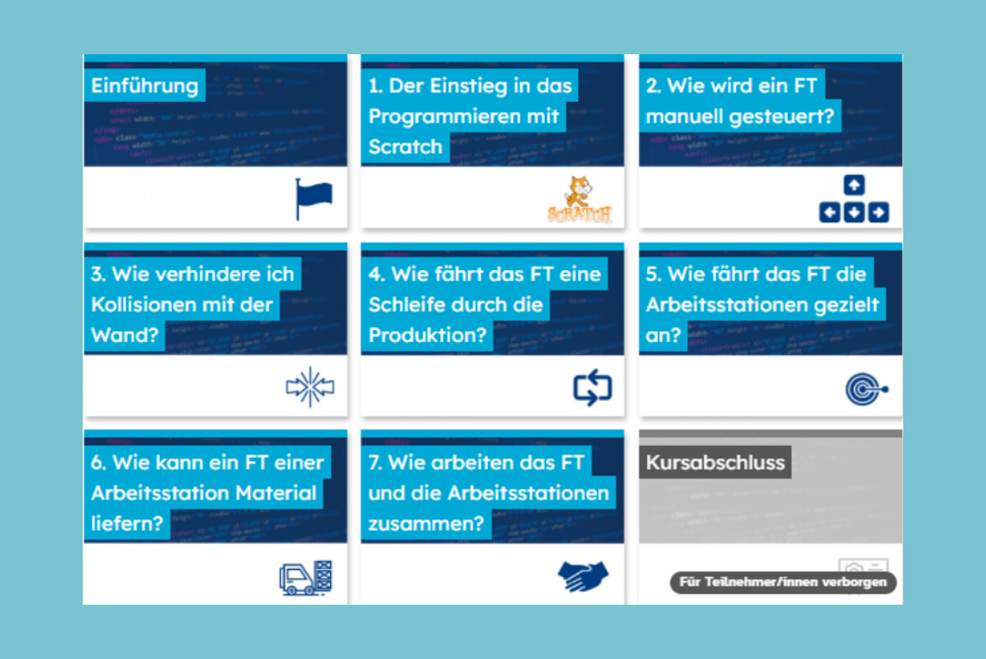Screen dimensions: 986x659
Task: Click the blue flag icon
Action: click(313, 199)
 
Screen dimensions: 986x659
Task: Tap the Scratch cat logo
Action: click(579, 199)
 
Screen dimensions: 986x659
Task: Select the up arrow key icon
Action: click(854, 185)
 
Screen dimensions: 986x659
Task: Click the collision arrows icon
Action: click(310, 387)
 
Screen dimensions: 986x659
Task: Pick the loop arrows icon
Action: click(593, 387)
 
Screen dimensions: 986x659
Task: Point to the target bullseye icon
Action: click(867, 389)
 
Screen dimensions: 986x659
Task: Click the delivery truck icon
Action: click(306, 577)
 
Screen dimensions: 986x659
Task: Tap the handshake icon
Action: click(583, 576)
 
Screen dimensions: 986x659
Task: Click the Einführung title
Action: click(144, 85)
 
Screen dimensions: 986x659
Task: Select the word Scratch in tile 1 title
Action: click(405, 146)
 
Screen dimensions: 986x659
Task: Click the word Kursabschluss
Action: click(715, 462)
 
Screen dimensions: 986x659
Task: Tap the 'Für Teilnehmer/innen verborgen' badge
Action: click(783, 583)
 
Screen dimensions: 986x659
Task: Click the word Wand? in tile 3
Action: click(124, 335)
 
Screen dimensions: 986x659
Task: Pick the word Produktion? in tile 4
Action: click(427, 335)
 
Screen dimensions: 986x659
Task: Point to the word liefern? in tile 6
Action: click(127, 523)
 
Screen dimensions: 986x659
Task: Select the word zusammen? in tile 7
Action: click(426, 523)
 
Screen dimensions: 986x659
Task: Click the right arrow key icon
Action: click(878, 212)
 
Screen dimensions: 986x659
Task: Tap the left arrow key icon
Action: click(830, 212)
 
